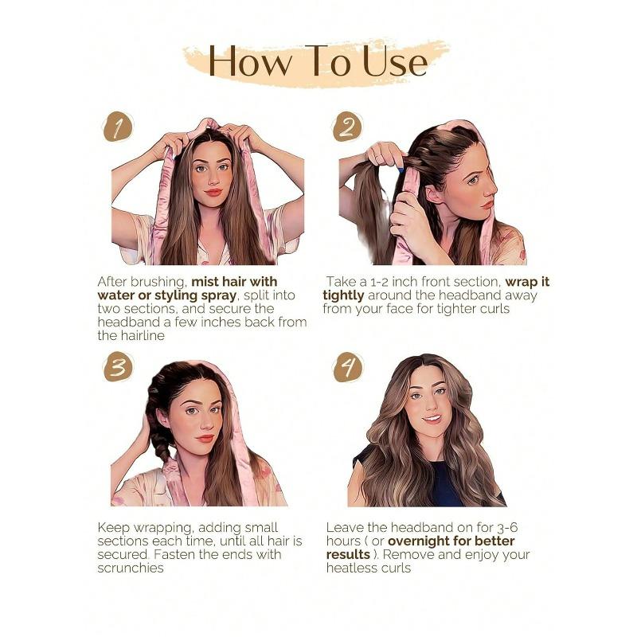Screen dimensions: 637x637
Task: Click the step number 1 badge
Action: coord(118,127)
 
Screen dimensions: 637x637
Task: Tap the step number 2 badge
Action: coord(348,127)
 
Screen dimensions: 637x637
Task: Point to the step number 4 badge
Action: coord(348,366)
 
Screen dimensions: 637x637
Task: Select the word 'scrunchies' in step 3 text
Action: coord(130,568)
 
